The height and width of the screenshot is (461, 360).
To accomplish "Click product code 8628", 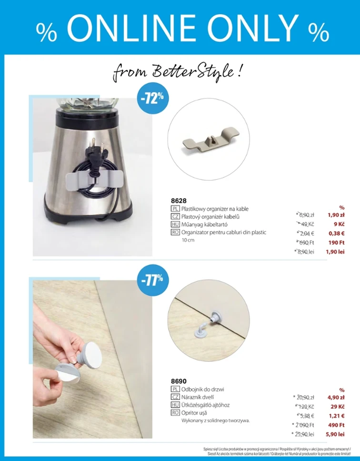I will pos(179,200).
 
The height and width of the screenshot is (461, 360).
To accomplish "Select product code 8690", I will pos(179,381).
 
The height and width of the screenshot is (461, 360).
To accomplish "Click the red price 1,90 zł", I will pos(336,215).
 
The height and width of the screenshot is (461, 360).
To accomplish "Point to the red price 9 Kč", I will pos(339,224).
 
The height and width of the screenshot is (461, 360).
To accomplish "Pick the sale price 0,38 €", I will pos(336,234).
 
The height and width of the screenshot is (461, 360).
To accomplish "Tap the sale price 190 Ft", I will pos(336,243).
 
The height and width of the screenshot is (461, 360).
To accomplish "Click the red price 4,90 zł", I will pos(336,397).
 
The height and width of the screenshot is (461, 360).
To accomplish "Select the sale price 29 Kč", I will pos(337,407).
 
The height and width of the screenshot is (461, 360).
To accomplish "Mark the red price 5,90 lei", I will pos(335,434).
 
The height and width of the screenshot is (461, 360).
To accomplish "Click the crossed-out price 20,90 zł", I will pos(305,397).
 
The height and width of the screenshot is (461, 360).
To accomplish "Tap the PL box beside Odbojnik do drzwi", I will pos(175,390).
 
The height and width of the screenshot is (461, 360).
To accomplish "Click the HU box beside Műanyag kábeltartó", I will pos(175,225).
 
